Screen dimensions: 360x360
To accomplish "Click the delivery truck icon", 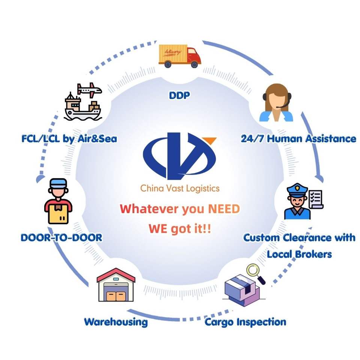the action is tap(180, 56).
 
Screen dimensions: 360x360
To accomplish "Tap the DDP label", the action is tap(179, 95).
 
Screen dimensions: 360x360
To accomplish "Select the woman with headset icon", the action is tap(276, 102).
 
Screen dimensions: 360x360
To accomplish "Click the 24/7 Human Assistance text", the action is tap(298, 139).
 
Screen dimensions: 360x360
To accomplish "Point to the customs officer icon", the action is tap(297, 201).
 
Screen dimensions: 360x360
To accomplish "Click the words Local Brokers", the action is tap(299, 254).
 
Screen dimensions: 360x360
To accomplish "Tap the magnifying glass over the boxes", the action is tap(255, 274).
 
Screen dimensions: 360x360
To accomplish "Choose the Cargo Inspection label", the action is tap(245, 322).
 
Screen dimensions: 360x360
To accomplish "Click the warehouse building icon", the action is tap(116, 285).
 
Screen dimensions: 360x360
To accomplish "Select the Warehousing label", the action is tap(116, 322).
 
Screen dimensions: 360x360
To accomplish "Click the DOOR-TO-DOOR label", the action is tap(61, 238).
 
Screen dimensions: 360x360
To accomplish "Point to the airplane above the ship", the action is tap(89, 90).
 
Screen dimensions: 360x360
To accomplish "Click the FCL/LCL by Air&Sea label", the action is tap(69, 139).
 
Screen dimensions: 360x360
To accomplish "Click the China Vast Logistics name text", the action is tap(180, 189).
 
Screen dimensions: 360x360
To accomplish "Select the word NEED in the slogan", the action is tap(224, 209).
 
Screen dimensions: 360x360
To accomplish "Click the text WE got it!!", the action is tap(180, 229).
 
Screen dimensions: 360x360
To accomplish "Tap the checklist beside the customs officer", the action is tap(316, 199).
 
